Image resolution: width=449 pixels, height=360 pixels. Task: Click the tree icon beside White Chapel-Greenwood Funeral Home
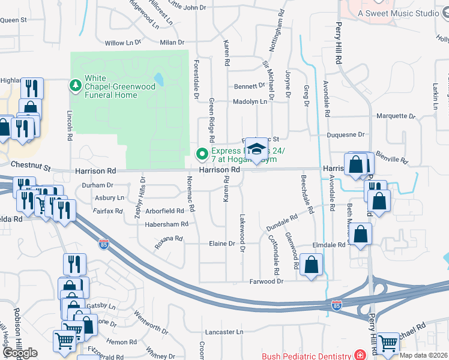click(x=75, y=86)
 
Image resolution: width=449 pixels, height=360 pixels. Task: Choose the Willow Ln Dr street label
click(x=122, y=43)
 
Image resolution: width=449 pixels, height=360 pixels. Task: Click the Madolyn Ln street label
click(x=250, y=102)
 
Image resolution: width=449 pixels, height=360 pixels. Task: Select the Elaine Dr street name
click(x=221, y=244)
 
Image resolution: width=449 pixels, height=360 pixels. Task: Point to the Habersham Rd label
click(x=167, y=224)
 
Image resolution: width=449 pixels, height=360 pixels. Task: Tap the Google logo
click(x=20, y=353)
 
